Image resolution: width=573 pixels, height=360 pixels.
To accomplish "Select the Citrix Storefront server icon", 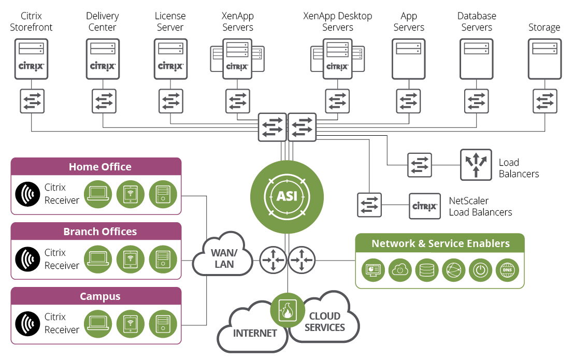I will tap(32, 60).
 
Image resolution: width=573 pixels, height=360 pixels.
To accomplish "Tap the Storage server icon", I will tap(545, 60).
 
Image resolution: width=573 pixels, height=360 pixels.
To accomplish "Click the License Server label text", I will tap(170, 22).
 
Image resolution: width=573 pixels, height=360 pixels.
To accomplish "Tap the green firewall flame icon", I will tap(287, 310).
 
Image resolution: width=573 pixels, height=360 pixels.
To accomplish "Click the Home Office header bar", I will tap(96, 167).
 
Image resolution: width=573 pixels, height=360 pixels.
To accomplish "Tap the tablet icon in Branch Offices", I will tap(131, 258).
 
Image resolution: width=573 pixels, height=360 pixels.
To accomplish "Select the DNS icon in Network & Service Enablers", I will tap(507, 270).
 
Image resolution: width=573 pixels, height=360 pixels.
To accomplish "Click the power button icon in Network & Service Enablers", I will tap(480, 270).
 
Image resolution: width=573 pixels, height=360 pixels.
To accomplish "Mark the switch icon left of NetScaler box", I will tap(369, 205).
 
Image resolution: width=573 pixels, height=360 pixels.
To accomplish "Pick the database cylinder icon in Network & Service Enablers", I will tap(426, 270).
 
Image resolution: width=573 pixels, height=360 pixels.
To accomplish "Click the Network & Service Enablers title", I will tap(440, 243).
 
